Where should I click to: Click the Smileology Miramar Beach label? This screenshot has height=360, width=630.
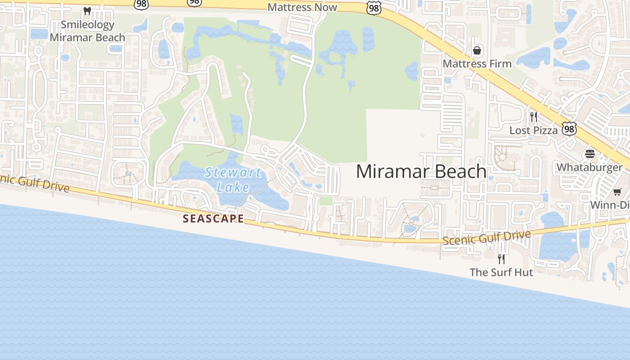pos(87,31)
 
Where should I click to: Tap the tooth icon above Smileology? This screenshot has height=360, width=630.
pos(87,11)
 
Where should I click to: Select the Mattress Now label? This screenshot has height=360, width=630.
pos(302,7)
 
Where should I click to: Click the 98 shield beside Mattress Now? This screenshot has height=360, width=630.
pos(373,8)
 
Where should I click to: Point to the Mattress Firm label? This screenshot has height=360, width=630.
pos(477,63)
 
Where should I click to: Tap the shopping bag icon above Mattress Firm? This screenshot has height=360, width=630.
pos(477,50)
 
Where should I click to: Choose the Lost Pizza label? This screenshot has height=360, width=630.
pos(533,130)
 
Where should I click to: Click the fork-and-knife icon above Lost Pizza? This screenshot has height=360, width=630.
pos(533,117)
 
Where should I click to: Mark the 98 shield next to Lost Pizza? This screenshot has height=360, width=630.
pos(569,130)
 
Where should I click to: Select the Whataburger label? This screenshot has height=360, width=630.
pos(589,167)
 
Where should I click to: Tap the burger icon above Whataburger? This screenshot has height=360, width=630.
pos(590,154)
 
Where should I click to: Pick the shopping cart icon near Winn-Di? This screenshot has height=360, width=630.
pos(617,192)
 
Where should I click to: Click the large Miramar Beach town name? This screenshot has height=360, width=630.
pos(421,171)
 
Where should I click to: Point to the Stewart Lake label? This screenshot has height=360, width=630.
pos(233,179)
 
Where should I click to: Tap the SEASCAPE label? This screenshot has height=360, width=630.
pos(213,219)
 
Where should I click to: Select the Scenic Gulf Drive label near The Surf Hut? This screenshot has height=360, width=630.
pos(486,237)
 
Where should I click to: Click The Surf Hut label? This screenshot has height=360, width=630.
pos(501,272)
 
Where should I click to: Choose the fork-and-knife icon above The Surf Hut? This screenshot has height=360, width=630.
pos(501,259)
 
